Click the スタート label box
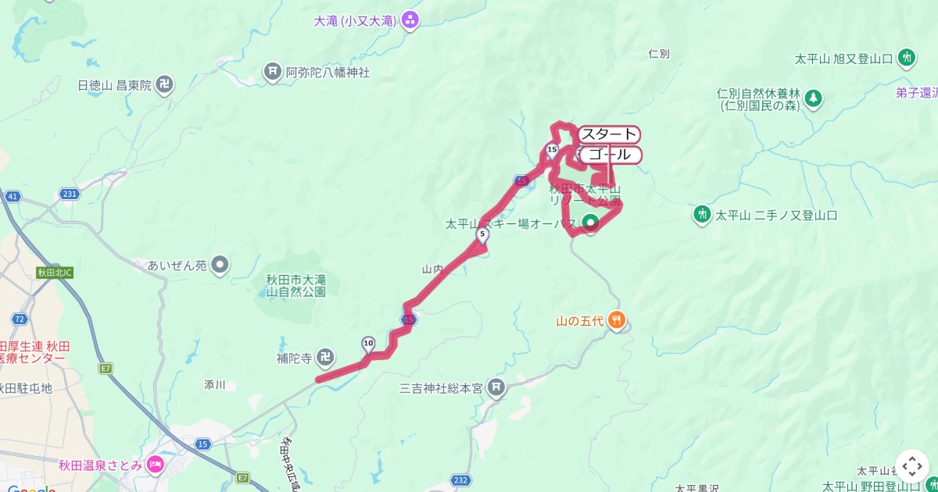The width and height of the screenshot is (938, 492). pos(609,134)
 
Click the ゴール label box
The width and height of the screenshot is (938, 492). pos(610,155)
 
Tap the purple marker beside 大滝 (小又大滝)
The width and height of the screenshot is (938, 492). pos(410,21)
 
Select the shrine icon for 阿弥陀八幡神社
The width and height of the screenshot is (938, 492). pos(272,73)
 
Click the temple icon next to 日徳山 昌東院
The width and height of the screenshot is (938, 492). pos(165,85)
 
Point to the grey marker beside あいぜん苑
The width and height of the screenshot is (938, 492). pos(220,266)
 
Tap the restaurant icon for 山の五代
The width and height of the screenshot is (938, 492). pos(616,319)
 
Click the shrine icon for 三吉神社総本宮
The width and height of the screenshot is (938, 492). pos(496,387)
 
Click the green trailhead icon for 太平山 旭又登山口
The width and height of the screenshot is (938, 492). pos(907,57)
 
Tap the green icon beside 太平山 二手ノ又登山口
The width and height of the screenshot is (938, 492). pos(702,214)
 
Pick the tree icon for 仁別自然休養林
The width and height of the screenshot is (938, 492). pos(814,98)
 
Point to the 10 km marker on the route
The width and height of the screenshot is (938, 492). pos(368,344)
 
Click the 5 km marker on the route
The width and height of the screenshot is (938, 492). pos(482,234)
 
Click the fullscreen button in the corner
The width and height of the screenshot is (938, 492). pos(912,466)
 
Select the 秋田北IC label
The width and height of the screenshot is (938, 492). pos(55,273)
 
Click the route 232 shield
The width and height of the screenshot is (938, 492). pos(461,480)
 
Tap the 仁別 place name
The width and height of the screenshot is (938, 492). pos(659,54)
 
